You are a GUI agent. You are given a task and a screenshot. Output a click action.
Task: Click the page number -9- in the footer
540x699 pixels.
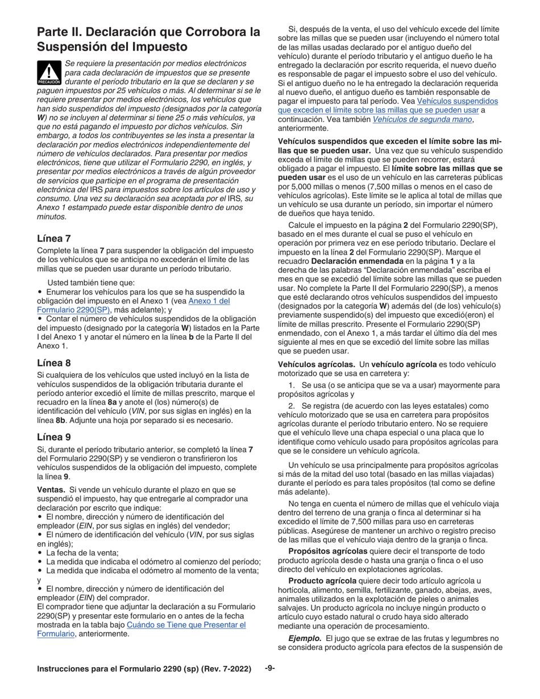[270, 668]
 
